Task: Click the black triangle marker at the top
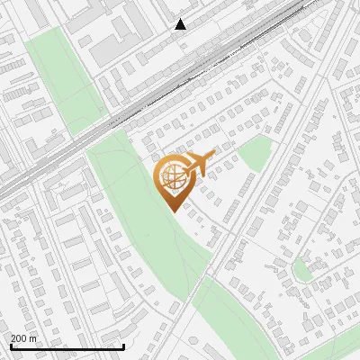click(x=181, y=24)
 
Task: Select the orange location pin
click(x=171, y=181)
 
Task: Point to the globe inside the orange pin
click(x=171, y=177)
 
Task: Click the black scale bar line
click(x=67, y=346)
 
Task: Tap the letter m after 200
click(x=33, y=338)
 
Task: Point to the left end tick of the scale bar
click(x=10, y=346)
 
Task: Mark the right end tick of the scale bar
click(x=123, y=346)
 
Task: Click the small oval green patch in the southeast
click(x=303, y=267)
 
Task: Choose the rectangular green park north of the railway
click(x=58, y=81)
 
